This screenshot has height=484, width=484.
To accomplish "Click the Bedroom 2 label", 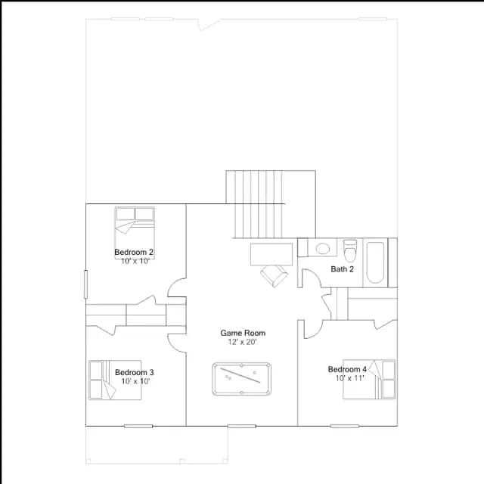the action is click(x=134, y=252).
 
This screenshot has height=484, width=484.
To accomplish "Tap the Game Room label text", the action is click(x=243, y=333).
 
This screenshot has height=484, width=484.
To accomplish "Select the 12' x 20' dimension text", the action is click(x=242, y=342).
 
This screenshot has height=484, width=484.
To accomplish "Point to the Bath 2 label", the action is click(x=342, y=269).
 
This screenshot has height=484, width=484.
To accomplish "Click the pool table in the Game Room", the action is click(x=242, y=379).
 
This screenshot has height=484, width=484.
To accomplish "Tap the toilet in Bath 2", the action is click(x=350, y=250).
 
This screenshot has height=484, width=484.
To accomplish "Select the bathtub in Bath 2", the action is click(x=375, y=262).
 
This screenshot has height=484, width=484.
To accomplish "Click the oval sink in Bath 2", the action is click(x=322, y=249).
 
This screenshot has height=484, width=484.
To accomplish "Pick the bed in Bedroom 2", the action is click(x=135, y=228).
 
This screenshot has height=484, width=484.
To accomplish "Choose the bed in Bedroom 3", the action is click(x=115, y=380).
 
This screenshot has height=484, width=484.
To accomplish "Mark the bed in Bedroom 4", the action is click(x=370, y=379).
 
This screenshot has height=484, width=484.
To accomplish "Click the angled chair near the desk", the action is click(x=274, y=275).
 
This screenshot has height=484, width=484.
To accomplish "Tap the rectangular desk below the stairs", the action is click(x=271, y=254).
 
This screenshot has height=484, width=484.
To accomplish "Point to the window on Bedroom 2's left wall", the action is click(x=85, y=284).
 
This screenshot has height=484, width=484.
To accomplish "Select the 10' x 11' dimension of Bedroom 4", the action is click(x=350, y=378).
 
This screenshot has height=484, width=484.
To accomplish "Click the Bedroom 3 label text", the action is click(x=135, y=372).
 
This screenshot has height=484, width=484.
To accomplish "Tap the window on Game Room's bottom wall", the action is click(x=242, y=427).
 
